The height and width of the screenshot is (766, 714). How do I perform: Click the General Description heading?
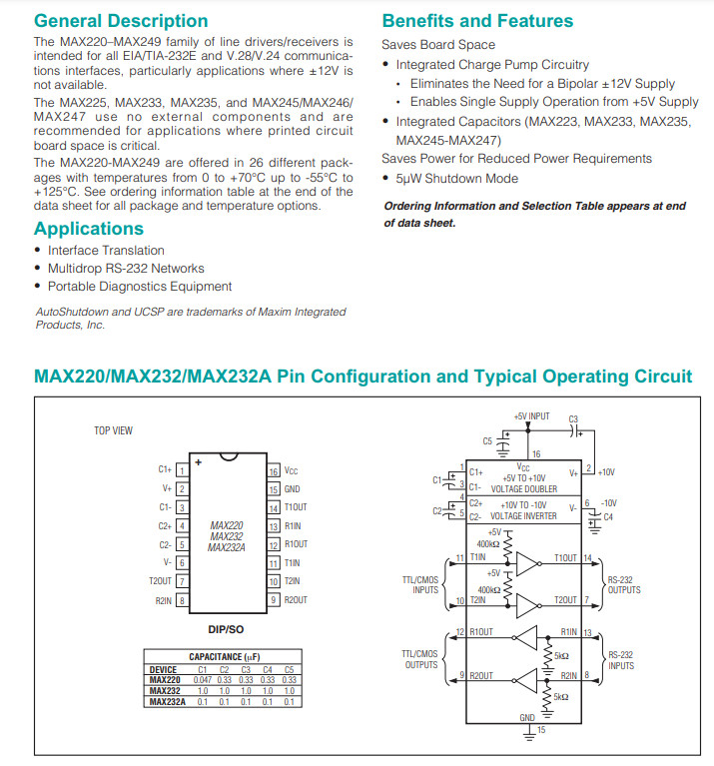(121, 21)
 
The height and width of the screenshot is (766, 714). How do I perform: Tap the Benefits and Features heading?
(477, 21)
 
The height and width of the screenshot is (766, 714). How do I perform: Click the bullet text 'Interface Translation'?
(106, 251)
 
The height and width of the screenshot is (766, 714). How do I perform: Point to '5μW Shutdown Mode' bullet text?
(456, 179)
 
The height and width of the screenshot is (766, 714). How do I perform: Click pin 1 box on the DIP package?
(182, 469)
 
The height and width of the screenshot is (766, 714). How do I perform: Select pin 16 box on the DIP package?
(274, 469)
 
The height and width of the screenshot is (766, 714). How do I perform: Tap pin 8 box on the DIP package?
(182, 600)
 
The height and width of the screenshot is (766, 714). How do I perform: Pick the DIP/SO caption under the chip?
(228, 629)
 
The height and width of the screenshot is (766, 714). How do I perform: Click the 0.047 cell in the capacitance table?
(203, 679)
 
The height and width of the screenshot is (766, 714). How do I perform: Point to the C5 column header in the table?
(289, 669)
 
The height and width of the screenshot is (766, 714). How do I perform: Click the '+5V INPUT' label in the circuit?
(531, 415)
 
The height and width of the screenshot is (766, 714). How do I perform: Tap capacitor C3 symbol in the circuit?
(572, 430)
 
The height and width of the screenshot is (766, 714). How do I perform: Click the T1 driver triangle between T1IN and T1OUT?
(527, 565)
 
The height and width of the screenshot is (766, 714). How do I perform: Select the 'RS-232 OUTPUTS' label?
(624, 584)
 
